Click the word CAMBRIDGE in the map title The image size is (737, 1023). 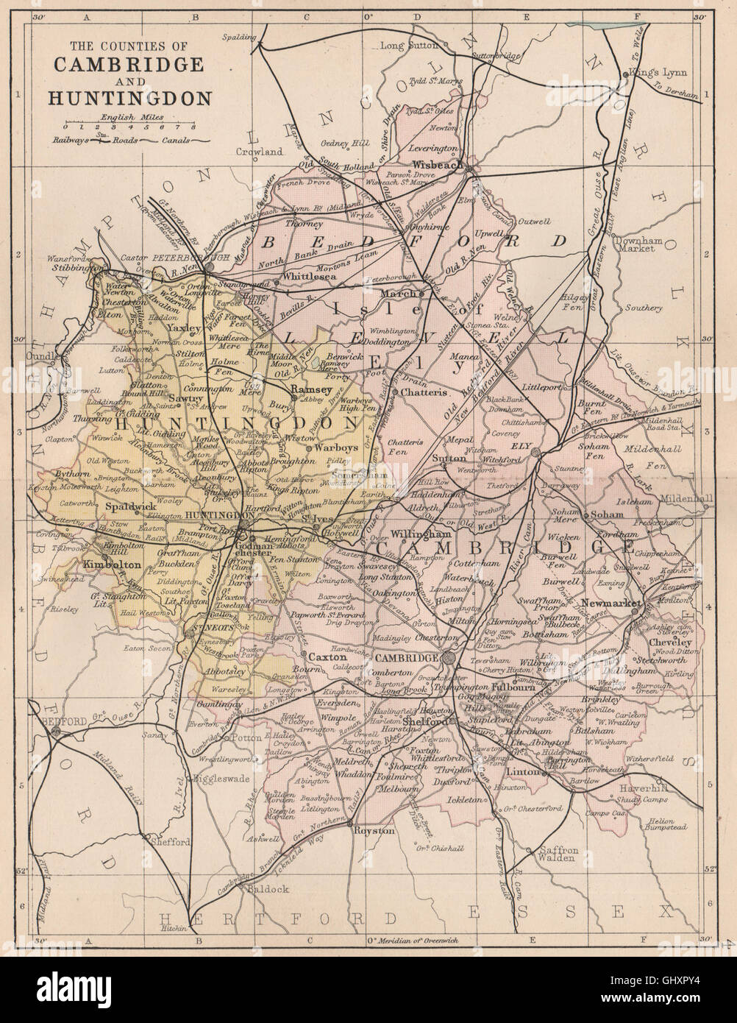click(128, 63)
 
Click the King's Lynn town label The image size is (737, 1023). click(656, 74)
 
